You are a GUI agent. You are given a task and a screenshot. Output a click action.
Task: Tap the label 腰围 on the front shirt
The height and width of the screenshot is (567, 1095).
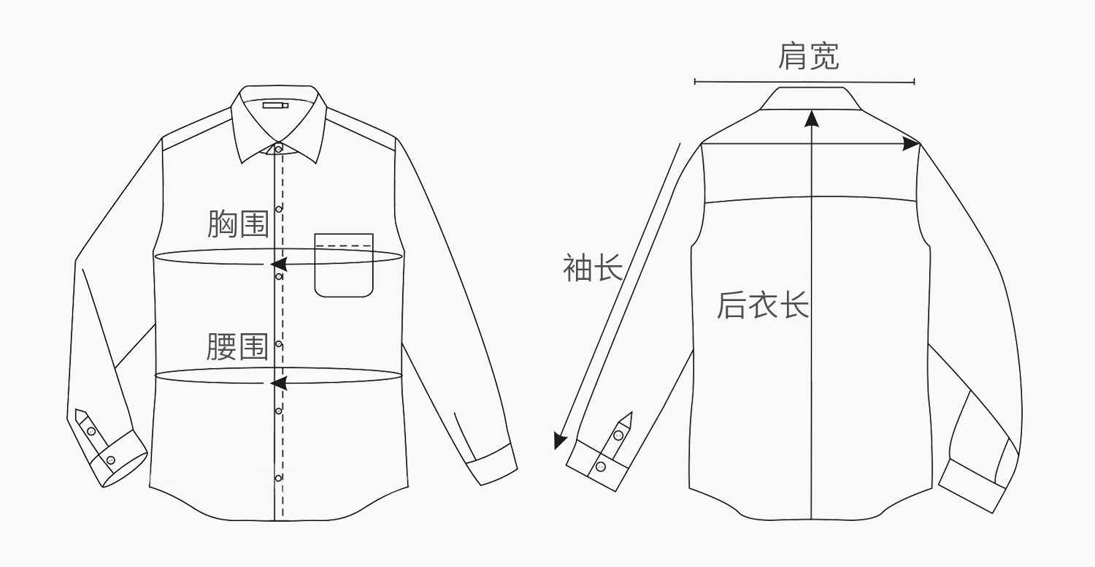(237, 346)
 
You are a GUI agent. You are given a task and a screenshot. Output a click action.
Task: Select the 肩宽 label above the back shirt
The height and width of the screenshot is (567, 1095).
(808, 57)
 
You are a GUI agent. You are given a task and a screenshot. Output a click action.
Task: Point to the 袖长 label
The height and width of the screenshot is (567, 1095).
(592, 267)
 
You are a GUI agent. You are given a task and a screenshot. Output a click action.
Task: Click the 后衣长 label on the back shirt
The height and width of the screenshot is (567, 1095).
(763, 305)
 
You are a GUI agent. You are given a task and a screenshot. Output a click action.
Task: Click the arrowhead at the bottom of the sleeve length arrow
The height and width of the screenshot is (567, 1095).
(559, 441)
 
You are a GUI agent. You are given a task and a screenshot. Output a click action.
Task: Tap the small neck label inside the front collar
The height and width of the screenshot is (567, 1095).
(275, 105)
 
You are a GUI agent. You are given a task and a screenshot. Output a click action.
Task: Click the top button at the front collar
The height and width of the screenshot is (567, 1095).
(278, 149)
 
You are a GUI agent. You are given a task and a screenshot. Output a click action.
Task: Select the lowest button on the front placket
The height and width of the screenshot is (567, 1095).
(278, 479)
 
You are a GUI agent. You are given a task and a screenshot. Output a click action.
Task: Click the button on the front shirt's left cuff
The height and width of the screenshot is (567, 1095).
(111, 460)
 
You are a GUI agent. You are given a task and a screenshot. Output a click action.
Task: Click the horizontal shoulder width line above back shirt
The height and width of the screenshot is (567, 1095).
(804, 82)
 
